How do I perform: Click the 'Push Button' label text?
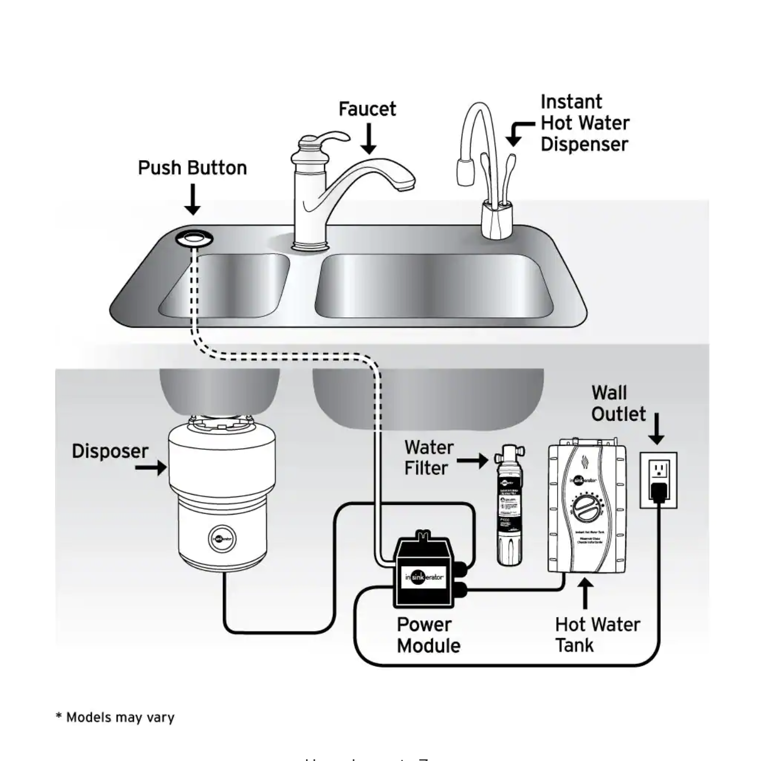[192, 168]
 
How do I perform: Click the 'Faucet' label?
[367, 109]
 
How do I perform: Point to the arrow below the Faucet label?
[369, 139]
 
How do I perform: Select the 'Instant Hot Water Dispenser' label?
[584, 123]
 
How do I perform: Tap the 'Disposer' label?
[110, 451]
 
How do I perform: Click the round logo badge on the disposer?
[223, 538]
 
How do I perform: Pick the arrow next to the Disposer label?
[152, 468]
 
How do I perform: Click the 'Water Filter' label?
[429, 458]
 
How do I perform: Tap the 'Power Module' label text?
[428, 635]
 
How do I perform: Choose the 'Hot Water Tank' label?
[597, 635]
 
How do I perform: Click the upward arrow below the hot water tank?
[586, 593]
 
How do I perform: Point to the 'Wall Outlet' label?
[618, 403]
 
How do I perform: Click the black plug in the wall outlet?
[658, 491]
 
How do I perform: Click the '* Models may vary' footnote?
[115, 717]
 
